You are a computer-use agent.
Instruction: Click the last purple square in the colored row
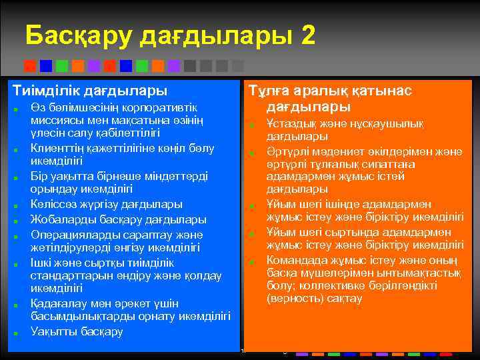click(174, 66)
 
